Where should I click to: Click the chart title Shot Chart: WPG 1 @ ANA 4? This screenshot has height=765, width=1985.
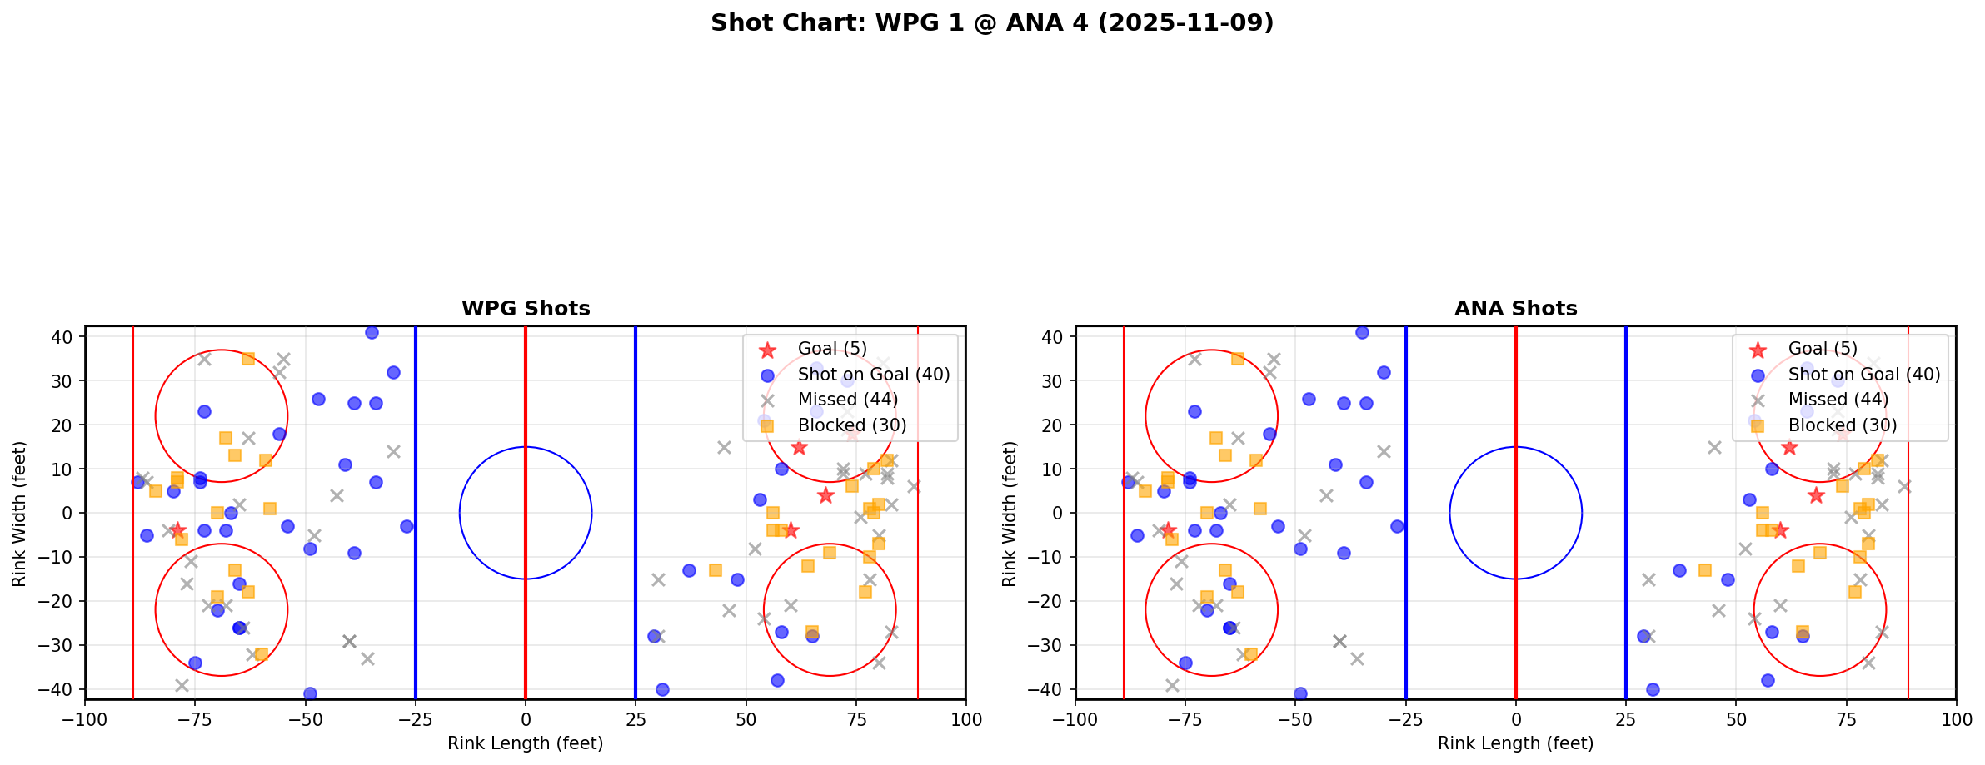[991, 22]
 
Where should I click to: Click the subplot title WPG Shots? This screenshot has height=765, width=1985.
[526, 309]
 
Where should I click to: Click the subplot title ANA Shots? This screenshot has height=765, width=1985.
[1515, 309]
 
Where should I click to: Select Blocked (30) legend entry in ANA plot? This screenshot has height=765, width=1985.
[1842, 425]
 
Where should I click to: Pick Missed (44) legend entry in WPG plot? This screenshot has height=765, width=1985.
[847, 400]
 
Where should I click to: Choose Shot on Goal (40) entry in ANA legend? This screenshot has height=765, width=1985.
[1863, 375]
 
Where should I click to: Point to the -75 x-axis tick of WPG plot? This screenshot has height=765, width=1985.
[195, 719]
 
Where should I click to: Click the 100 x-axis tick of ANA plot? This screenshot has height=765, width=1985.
[1955, 719]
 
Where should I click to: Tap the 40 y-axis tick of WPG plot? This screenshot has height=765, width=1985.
[64, 337]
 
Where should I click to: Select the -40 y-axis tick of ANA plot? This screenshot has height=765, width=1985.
[1051, 689]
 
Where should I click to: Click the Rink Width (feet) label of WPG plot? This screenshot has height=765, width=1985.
[19, 514]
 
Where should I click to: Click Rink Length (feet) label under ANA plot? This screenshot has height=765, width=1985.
[1515, 743]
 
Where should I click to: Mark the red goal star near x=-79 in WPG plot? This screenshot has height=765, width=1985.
[177, 530]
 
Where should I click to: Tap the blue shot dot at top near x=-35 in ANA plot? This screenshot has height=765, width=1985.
[1362, 332]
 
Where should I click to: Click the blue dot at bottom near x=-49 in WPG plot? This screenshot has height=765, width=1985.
[310, 693]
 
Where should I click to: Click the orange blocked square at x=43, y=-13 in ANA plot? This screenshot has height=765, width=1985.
[1705, 570]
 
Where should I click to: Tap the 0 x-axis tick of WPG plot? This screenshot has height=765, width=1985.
[526, 719]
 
